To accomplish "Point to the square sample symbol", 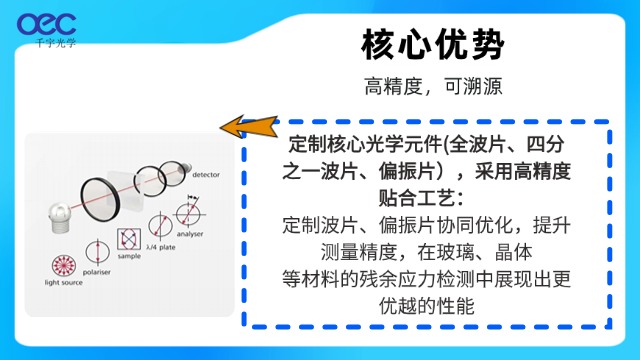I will click(128, 237).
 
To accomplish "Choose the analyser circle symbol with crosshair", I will click(186, 214).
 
